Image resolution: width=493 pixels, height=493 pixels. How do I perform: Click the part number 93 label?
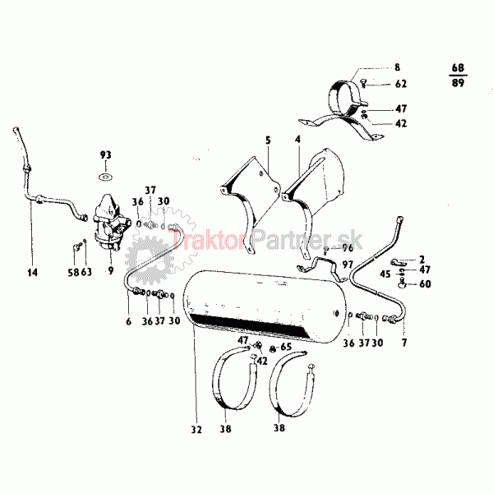coord(106,154)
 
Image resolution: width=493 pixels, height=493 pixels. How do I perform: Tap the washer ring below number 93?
coord(106,177)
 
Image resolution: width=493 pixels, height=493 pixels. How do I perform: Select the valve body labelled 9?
coord(110,223)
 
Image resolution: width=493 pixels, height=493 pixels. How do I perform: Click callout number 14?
coord(32,272)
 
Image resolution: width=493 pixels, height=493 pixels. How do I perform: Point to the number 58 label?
coord(73,272)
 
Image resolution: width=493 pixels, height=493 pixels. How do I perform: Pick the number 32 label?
coord(196,430)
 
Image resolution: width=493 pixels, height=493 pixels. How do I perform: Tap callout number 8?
coord(398,67)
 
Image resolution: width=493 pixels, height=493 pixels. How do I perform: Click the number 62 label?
coord(401,84)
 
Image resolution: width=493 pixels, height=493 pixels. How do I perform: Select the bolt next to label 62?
coord(364,83)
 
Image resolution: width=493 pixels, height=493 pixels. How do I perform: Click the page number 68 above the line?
coord(458,68)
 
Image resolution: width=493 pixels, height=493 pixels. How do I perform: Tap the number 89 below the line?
coord(458,83)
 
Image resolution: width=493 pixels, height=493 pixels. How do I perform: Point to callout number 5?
coord(268,141)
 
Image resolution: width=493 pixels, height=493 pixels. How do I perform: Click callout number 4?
coord(297,140)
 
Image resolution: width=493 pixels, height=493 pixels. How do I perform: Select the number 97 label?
coord(348,265)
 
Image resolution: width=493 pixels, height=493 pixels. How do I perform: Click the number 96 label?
coord(348,248)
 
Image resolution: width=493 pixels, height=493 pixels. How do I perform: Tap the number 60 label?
coord(425,284)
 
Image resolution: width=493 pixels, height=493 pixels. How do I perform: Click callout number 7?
coord(404,343)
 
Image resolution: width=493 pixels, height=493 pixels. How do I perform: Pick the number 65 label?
coord(286,347)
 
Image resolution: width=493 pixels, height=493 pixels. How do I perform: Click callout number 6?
coord(128,321)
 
